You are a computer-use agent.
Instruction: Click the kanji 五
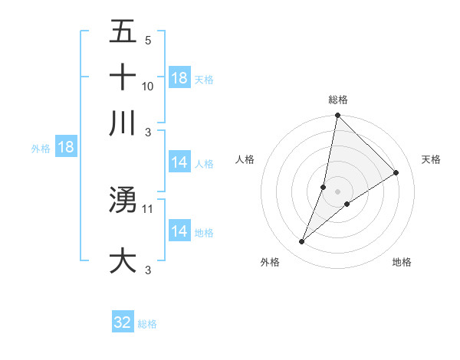(x=123, y=32)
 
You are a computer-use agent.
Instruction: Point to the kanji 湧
(x=123, y=200)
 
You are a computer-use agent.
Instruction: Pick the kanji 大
(x=123, y=260)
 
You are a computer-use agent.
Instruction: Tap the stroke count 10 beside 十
(x=148, y=86)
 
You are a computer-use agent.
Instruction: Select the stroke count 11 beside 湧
(x=148, y=208)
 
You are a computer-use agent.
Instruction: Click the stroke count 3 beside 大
(x=147, y=270)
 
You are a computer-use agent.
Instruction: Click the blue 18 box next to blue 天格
(x=179, y=78)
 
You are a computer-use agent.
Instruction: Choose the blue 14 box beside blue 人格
(x=179, y=162)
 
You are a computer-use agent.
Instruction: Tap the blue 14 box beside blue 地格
(x=179, y=231)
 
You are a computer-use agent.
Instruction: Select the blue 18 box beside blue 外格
(x=66, y=147)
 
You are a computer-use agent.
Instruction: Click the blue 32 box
(x=123, y=322)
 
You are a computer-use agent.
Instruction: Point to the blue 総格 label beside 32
(x=147, y=324)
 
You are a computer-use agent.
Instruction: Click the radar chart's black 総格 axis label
(x=337, y=100)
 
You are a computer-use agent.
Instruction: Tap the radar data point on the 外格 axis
(x=301, y=242)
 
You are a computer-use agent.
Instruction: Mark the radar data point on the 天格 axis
(x=396, y=172)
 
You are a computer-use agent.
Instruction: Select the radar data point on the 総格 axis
(x=337, y=116)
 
